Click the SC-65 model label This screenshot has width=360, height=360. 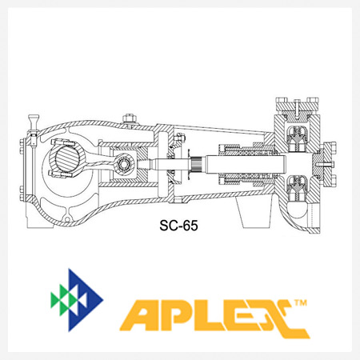178,226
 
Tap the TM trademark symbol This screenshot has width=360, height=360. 301,302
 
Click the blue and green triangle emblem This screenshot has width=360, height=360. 77,300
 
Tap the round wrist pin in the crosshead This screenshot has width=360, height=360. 124,163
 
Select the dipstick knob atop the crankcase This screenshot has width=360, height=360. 34,119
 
